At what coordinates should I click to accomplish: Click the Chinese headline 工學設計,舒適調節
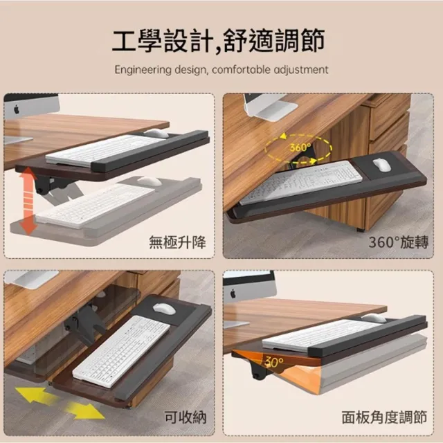pyautogui.click(x=219, y=41)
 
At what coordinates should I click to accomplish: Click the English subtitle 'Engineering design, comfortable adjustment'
pyautogui.click(x=221, y=70)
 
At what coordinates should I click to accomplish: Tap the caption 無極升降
pyautogui.click(x=177, y=242)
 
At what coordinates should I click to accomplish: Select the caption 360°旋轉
pyautogui.click(x=399, y=242)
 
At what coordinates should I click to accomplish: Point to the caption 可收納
pyautogui.click(x=186, y=417)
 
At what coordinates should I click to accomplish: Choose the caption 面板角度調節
pyautogui.click(x=384, y=417)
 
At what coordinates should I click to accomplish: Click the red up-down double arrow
pyautogui.click(x=28, y=201)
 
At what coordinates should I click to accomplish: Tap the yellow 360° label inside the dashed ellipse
pyautogui.click(x=300, y=147)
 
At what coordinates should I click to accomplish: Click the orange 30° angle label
pyautogui.click(x=274, y=362)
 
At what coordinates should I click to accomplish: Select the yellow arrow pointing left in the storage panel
pyautogui.click(x=35, y=395)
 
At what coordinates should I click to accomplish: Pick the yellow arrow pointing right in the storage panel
pyautogui.click(x=84, y=411)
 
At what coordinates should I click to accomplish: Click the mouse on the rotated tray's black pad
pyautogui.click(x=381, y=165)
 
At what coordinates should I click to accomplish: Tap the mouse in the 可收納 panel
pyautogui.click(x=164, y=309)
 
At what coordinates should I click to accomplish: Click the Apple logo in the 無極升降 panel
pyautogui.click(x=17, y=109)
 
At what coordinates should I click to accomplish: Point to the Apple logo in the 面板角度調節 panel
pyautogui.click(x=233, y=293)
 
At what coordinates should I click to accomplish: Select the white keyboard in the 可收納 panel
pyautogui.click(x=122, y=351)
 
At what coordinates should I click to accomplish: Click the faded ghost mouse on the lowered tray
pyautogui.click(x=150, y=181)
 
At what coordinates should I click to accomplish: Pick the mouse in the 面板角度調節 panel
pyautogui.click(x=374, y=318)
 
